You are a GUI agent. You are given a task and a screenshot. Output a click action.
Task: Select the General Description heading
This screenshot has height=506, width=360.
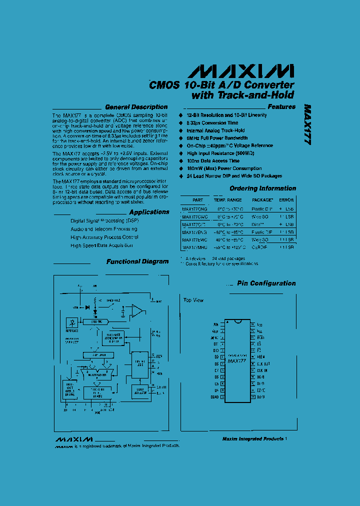coord(135,107)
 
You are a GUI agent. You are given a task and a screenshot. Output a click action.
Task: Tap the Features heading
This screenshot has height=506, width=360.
coord(281,106)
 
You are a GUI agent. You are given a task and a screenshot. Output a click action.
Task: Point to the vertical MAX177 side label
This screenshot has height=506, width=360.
coord(307,124)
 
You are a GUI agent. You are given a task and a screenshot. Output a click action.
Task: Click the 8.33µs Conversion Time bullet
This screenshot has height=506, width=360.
coord(212,122)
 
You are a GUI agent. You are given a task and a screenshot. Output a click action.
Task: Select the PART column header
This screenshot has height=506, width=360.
coord(197,199)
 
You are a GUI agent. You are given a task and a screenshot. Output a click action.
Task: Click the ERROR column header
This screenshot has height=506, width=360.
coord(286,199)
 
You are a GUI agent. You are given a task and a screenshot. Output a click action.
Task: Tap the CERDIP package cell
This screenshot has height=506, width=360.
coord(262,247)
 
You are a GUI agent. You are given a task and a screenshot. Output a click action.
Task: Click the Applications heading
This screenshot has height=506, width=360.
coord(149,212)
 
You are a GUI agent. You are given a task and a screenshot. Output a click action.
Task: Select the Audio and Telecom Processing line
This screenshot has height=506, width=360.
coord(104,229)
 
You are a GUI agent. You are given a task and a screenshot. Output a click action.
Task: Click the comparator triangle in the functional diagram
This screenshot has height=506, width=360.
coord(136,311)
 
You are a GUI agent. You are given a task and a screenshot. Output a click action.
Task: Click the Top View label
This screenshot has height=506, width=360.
coord(193,300)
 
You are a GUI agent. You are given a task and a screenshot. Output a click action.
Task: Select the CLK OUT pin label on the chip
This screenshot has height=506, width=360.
coord(263,363)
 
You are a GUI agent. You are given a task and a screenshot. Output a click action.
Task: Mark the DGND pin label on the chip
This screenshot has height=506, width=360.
coord(214,397)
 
